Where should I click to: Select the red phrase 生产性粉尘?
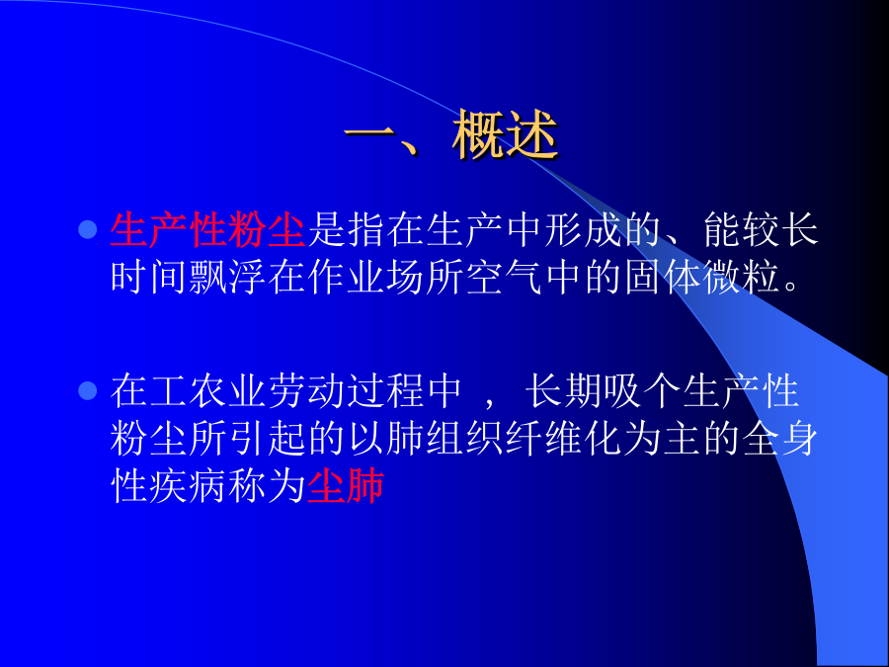point(208,229)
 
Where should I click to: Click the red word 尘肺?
point(346,485)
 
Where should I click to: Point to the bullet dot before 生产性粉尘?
point(88,229)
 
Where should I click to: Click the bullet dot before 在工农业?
point(88,390)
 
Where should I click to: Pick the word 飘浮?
point(228,278)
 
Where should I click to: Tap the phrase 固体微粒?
point(702,278)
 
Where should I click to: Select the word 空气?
point(505,278)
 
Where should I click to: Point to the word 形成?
point(583,229)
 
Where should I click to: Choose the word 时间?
point(149,278)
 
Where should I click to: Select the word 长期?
point(564,390)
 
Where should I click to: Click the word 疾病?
point(189,485)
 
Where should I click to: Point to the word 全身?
point(779,439)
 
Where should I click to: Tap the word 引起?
point(268,439)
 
